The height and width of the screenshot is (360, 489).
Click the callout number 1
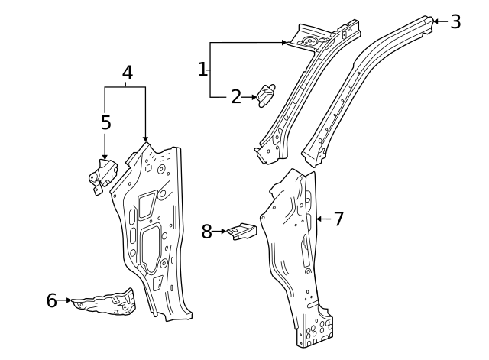coord(202,70)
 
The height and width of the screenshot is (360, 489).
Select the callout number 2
coord(235,96)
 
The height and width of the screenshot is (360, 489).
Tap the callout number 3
coord(455,21)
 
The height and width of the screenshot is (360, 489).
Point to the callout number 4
coord(128,73)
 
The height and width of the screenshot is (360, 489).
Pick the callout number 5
coord(105,122)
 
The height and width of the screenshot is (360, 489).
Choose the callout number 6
coord(51,300)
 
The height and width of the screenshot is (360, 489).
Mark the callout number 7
coord(338,219)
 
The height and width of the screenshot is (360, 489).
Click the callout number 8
coord(206,231)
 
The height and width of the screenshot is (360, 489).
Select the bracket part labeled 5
coord(102,174)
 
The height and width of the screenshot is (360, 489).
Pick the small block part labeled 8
coord(241,230)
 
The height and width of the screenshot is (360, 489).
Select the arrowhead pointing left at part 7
coord(318,219)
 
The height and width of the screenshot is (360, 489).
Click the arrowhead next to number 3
coord(436,21)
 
